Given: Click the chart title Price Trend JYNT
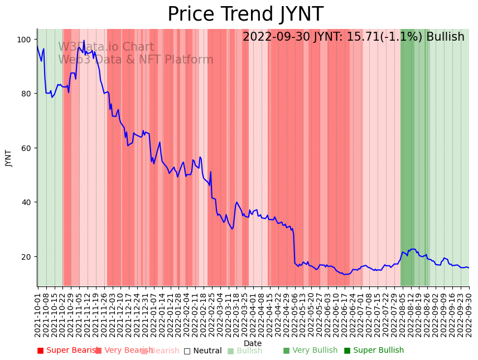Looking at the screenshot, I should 245,14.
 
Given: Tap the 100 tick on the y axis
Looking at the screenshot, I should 26,40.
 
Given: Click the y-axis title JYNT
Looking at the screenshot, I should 8,158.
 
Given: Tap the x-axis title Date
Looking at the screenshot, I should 253,343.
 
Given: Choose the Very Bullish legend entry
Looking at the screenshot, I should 310,351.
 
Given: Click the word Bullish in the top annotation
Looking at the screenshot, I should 445,37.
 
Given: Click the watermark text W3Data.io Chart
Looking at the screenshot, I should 106,47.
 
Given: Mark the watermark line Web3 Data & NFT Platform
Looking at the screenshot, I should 136,60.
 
